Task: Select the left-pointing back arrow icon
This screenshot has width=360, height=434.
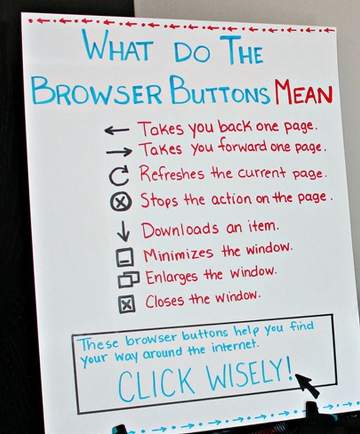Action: click(117, 130)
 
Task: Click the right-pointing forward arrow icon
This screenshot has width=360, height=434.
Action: click(119, 151)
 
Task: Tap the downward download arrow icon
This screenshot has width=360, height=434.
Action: click(124, 231)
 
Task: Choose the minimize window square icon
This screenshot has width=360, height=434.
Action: click(125, 257)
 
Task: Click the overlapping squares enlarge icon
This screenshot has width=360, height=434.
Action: click(128, 279)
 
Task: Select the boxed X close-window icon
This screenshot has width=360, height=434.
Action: click(127, 304)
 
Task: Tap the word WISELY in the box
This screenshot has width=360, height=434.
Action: click(249, 374)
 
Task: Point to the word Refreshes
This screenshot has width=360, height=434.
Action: click(172, 173)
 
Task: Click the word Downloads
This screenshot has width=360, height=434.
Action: click(180, 229)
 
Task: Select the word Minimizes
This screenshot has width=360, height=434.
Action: click(178, 254)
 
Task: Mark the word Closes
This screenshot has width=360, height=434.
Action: click(164, 301)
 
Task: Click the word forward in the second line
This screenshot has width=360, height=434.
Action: click(243, 147)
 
